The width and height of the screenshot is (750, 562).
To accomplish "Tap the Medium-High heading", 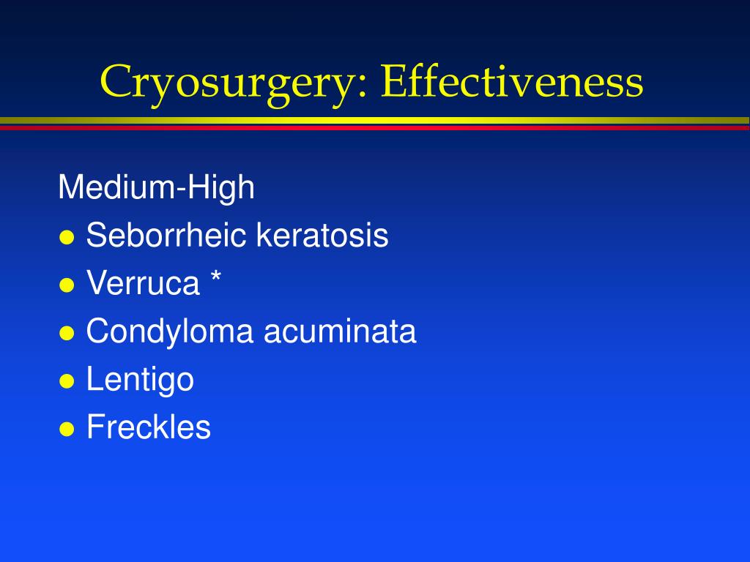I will (156, 188).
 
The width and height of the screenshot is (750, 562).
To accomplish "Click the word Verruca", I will (143, 284).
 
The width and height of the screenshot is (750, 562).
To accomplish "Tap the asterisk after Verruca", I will (215, 278).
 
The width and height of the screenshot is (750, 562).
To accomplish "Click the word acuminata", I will (340, 331).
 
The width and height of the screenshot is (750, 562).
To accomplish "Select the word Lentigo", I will (140, 380).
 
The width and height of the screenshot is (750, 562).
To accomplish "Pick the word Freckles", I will (148, 427).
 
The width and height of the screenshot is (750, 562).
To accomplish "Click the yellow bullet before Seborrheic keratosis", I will (67, 238).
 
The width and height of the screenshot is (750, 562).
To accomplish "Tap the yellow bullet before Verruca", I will (67, 285).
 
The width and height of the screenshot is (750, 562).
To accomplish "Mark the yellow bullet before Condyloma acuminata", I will (67, 334).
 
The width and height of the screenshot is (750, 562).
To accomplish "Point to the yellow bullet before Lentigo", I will (67, 381).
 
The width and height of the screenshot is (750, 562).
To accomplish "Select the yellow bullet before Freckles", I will (67, 430).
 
